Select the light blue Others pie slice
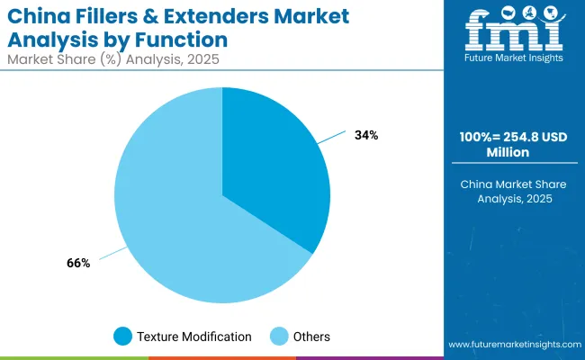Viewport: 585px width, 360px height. pyautogui.click(x=171, y=216)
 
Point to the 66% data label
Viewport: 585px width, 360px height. pyautogui.click(x=78, y=263)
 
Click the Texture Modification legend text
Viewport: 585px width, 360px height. pyautogui.click(x=193, y=337)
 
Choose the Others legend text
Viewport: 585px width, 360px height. pyautogui.click(x=310, y=337)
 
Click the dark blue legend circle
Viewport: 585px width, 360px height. pyautogui.click(x=123, y=337)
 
